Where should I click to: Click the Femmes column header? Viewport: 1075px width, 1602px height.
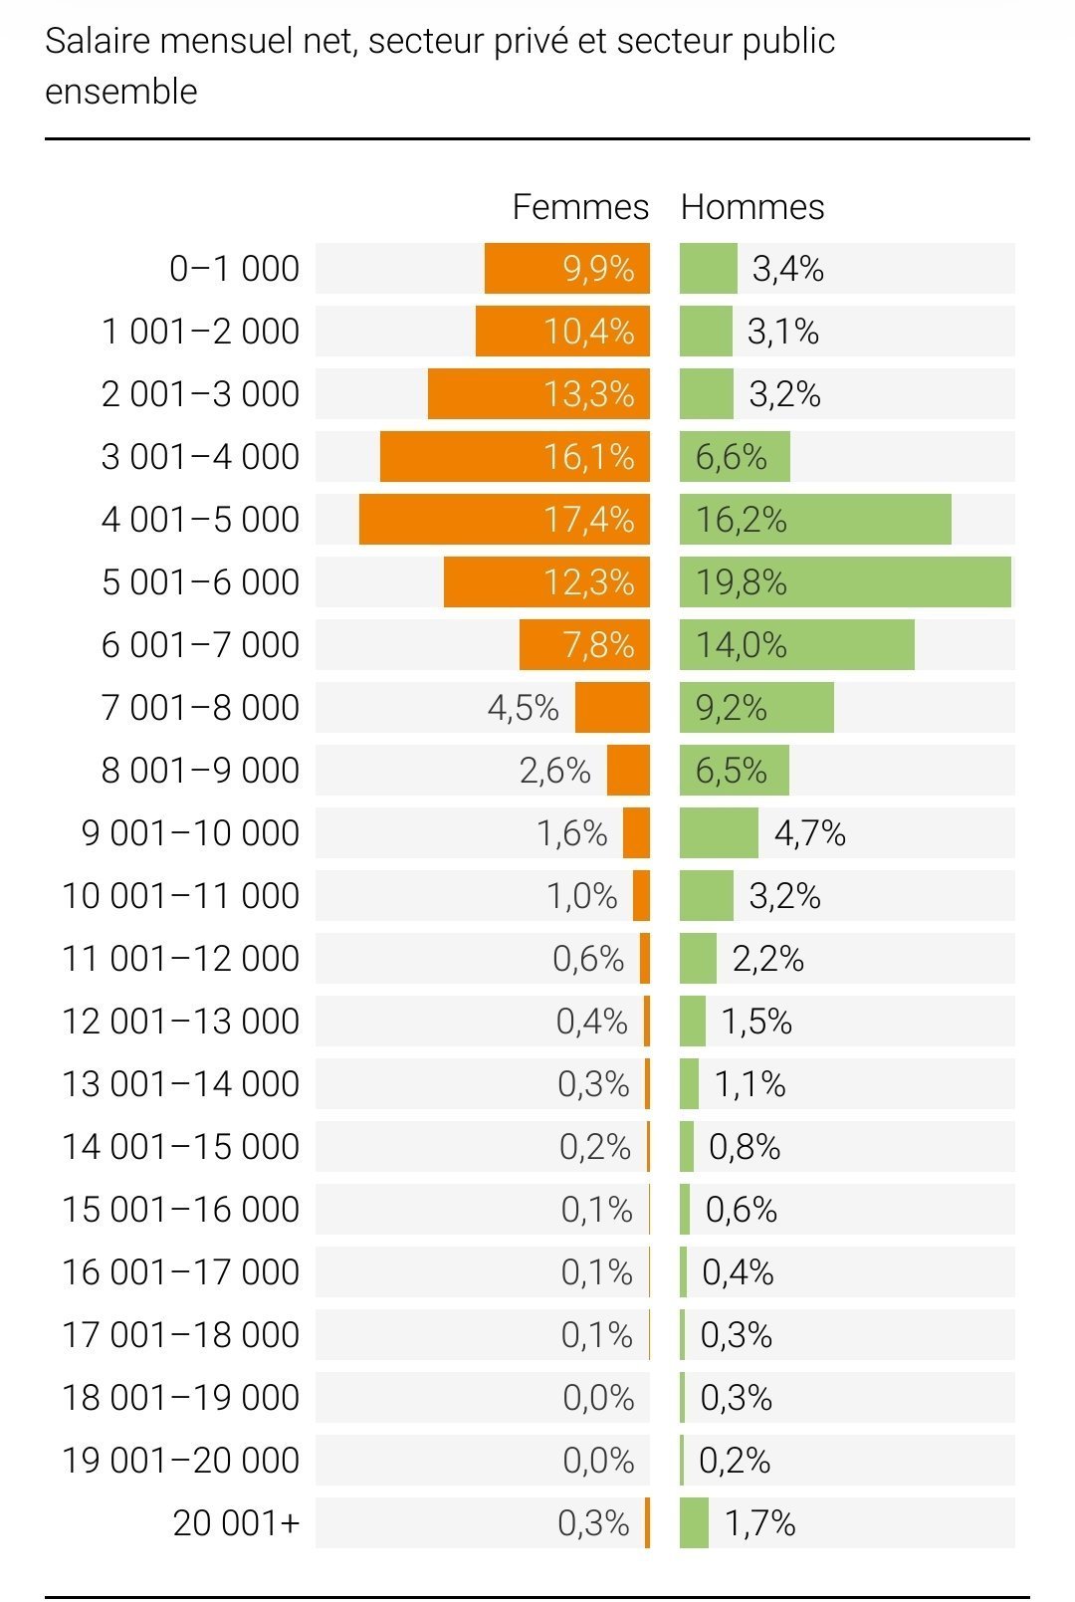[x=580, y=207]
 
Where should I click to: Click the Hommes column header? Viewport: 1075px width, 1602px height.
[x=752, y=207]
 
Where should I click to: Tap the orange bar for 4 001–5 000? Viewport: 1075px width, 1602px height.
[x=448, y=519]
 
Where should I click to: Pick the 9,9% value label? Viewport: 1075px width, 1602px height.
[x=598, y=269]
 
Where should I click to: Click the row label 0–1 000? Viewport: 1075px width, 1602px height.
[x=234, y=269]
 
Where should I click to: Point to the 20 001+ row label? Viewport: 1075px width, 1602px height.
[x=236, y=1523]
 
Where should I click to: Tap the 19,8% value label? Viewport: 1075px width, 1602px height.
[x=742, y=581]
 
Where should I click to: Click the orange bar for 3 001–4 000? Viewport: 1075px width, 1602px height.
[x=458, y=456]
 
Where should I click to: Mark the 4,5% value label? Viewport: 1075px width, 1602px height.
[x=524, y=708]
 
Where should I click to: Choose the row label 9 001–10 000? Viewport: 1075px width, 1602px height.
[x=190, y=833]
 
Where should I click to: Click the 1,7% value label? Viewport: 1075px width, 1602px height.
[x=759, y=1523]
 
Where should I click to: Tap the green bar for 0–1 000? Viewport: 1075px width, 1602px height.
[x=709, y=269]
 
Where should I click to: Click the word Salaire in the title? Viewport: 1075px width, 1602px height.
[x=98, y=42]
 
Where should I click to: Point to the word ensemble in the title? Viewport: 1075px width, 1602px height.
[x=121, y=92]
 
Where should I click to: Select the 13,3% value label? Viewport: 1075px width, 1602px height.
[x=588, y=394]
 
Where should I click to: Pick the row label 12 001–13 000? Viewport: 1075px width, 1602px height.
[x=180, y=1022]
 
